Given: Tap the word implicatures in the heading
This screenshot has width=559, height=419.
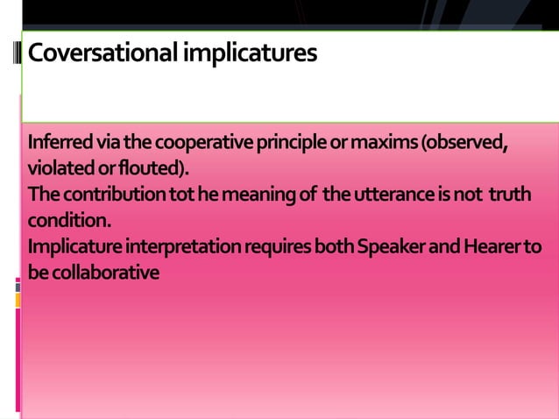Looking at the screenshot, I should (x=252, y=53).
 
